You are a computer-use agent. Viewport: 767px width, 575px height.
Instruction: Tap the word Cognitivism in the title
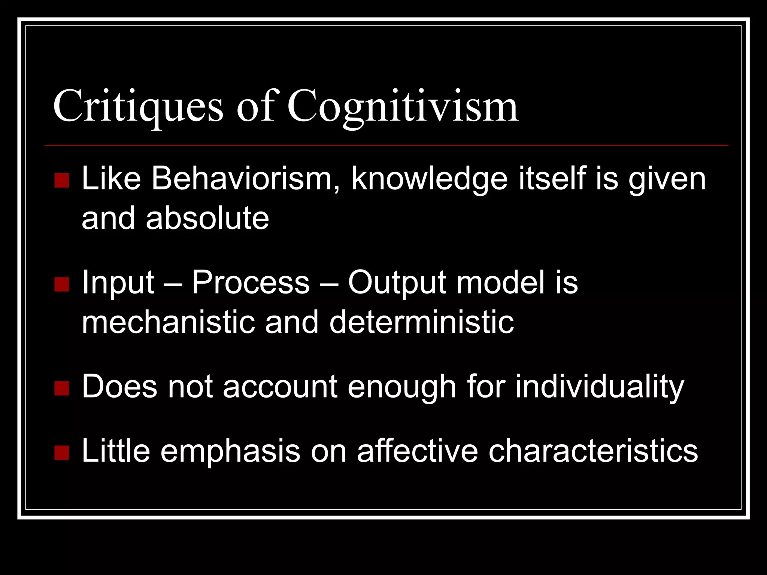pyautogui.click(x=403, y=107)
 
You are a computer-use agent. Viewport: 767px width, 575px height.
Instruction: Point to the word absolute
pyautogui.click(x=207, y=219)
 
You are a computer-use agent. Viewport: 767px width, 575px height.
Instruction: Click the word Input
pyautogui.click(x=118, y=283)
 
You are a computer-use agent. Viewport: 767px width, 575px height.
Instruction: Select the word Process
pyautogui.click(x=251, y=283)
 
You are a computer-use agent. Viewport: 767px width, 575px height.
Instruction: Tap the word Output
pyautogui.click(x=397, y=283)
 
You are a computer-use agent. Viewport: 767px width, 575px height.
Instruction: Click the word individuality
pyautogui.click(x=600, y=387)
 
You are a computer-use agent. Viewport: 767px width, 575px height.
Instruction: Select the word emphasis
pyautogui.click(x=230, y=451)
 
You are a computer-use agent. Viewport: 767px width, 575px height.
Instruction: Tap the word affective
pyautogui.click(x=417, y=451)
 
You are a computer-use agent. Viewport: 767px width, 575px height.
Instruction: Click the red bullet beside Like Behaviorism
pyautogui.click(x=61, y=180)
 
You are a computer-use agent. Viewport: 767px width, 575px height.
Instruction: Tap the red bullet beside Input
pyautogui.click(x=61, y=285)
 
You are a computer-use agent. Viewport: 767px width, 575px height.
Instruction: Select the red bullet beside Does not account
pyautogui.click(x=61, y=388)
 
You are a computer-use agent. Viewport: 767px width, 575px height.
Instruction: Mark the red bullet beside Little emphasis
pyautogui.click(x=61, y=453)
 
